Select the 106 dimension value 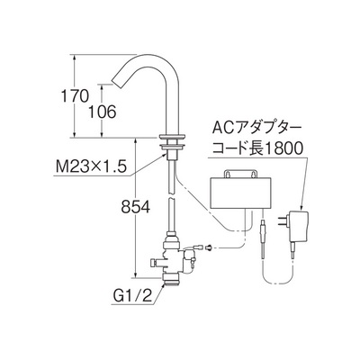(102, 112)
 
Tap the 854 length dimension (136, 207)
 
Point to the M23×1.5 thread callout (91, 166)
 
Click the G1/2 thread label (132, 296)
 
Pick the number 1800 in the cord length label (283, 148)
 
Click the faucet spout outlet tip (117, 82)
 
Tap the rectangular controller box (241, 193)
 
